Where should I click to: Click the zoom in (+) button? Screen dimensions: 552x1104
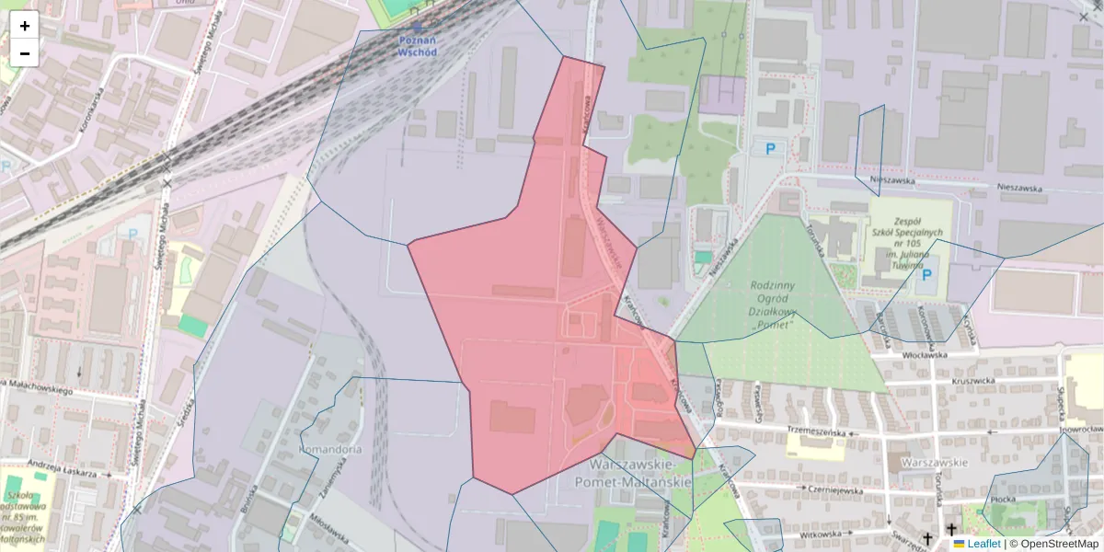[25, 26]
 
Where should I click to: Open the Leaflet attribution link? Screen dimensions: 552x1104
[983, 544]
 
